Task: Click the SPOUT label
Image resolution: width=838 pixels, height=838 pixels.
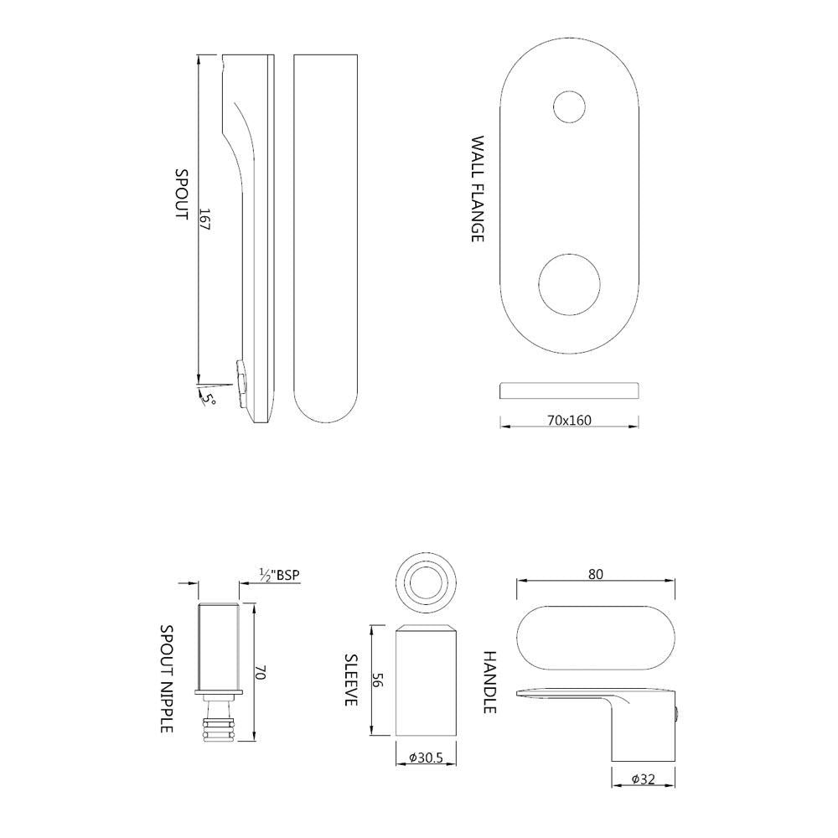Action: [180, 194]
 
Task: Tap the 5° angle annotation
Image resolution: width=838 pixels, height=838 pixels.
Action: [208, 396]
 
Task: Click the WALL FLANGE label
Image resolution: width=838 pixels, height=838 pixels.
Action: [477, 189]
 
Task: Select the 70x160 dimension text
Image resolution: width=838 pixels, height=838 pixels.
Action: [569, 420]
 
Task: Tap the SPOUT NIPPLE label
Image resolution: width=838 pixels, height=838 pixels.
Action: [167, 679]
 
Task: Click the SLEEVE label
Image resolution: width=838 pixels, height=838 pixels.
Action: [352, 680]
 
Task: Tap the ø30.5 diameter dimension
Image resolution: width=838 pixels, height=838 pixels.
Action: [426, 758]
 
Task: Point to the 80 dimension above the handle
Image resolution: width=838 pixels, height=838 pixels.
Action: [596, 575]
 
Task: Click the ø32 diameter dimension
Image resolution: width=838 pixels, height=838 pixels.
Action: [643, 779]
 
